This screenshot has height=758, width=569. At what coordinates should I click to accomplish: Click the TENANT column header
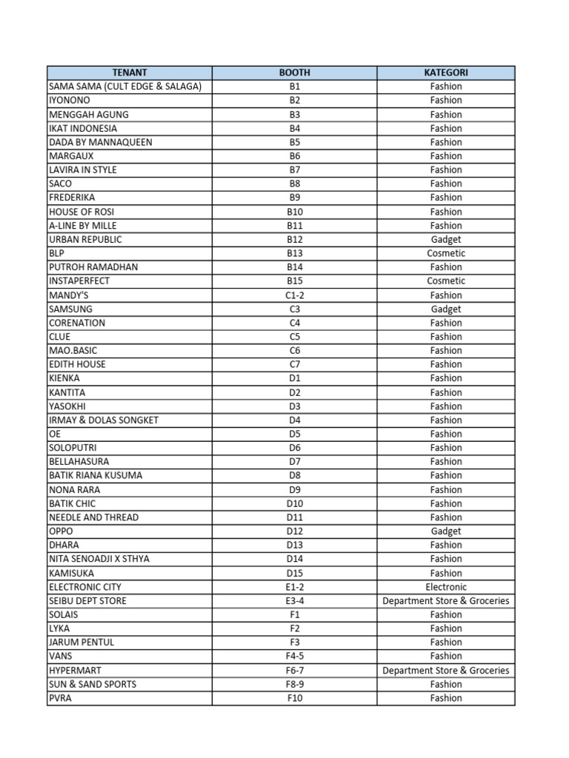130,73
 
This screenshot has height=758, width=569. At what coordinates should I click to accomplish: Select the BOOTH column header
294,73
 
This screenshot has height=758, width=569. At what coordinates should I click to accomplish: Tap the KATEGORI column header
446,73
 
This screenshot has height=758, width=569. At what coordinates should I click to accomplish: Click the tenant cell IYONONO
70,101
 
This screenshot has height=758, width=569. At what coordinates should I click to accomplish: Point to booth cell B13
294,253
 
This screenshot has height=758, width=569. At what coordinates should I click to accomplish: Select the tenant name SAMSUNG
71,309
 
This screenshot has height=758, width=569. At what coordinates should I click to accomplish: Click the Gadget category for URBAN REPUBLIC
446,239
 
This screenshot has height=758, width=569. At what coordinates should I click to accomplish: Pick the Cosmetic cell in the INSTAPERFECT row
446,281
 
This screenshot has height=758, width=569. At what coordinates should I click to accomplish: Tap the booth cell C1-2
294,295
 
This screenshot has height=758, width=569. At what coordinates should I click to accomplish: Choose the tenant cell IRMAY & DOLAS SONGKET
104,420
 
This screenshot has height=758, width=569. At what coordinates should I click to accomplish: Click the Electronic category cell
446,587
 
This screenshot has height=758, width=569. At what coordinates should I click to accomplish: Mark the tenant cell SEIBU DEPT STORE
87,600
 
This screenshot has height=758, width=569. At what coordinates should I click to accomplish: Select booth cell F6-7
294,670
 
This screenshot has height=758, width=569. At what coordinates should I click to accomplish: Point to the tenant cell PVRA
61,698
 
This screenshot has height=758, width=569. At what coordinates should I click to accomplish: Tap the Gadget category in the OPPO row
446,531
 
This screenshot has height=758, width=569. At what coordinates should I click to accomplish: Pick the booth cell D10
294,503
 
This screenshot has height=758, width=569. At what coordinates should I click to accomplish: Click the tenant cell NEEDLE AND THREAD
93,517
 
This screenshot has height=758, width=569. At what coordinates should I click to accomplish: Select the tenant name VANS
61,656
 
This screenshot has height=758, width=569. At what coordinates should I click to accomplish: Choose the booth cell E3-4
294,600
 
